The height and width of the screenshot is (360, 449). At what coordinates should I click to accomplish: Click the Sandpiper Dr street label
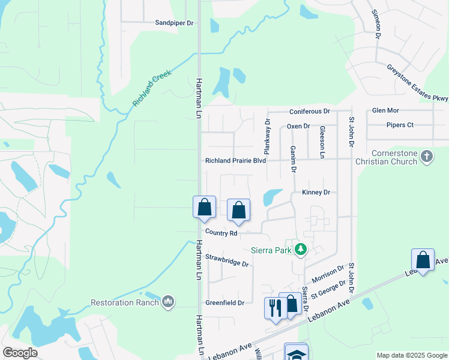(175, 23)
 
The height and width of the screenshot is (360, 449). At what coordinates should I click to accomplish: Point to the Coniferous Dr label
(310, 112)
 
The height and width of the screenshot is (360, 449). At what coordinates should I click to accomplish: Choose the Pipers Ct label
(402, 125)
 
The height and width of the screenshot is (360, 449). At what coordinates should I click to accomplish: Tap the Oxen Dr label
(298, 126)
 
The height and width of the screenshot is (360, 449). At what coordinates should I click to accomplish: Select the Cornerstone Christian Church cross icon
(426, 157)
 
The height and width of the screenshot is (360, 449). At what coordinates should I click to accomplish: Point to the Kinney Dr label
(316, 193)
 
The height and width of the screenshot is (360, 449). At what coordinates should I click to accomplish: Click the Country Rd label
(221, 233)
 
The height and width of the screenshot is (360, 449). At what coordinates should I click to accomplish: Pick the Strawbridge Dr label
(227, 260)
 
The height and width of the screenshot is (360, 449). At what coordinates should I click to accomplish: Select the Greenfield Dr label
(224, 303)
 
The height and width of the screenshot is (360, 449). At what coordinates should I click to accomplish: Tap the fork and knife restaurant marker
(276, 308)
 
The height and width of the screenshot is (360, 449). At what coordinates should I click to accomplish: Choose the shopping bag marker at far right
(423, 260)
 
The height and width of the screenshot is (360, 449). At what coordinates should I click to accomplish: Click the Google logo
(20, 353)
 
